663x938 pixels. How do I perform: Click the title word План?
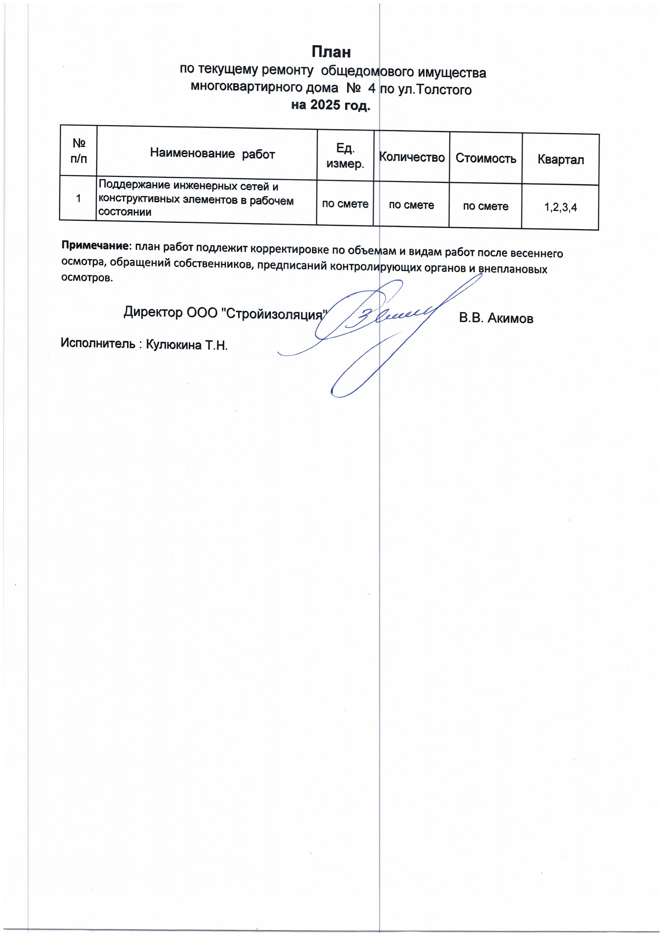331,52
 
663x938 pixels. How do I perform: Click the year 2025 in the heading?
325,105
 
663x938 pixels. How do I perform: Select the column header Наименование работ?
213,153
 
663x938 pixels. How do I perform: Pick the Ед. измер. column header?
345,156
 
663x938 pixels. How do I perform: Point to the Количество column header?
412,157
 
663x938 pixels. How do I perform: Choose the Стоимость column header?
486,159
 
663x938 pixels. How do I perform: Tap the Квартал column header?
560,160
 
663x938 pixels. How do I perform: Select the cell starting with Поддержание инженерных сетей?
196,199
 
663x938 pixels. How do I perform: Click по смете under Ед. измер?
345,204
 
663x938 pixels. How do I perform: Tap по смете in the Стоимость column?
485,206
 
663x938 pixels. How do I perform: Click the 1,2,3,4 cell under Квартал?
560,207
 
